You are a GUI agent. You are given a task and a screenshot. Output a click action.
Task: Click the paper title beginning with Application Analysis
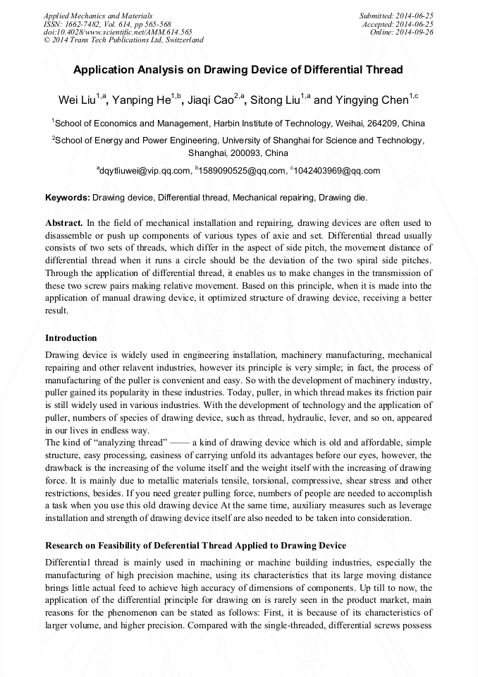[x=238, y=70]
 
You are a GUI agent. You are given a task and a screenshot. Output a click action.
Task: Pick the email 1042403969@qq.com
[x=337, y=171]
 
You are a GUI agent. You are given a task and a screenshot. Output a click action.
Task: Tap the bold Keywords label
[x=68, y=197]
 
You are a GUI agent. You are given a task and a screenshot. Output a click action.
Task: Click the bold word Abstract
[x=64, y=222]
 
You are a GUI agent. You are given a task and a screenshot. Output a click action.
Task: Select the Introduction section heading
[x=71, y=337]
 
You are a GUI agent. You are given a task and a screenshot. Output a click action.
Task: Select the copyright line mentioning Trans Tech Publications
[x=123, y=40]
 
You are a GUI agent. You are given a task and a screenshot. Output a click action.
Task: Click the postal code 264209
[x=381, y=123]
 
